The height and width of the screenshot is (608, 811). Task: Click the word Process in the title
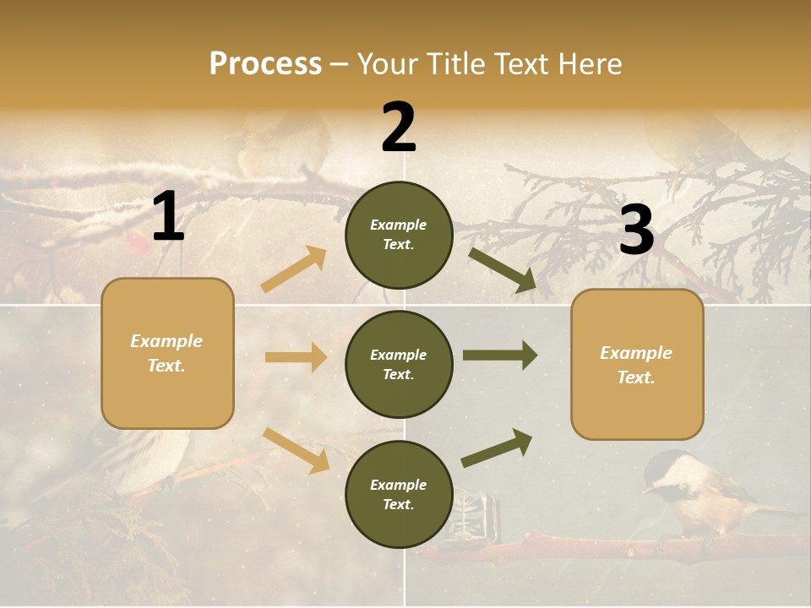coord(265,64)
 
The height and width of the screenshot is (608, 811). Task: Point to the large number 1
coord(168,217)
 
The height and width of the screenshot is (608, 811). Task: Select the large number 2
coord(399,128)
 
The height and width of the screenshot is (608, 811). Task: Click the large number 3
coord(636,230)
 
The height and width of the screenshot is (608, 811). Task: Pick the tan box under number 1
coord(167,353)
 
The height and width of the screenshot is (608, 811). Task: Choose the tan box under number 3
coord(637,365)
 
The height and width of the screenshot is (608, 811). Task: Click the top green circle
coord(399,235)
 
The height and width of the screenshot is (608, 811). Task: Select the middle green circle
coord(399,365)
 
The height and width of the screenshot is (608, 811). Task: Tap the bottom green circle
coord(399,495)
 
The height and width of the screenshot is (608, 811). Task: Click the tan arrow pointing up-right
coord(294,269)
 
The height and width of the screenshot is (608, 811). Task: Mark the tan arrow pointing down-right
coord(296,450)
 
